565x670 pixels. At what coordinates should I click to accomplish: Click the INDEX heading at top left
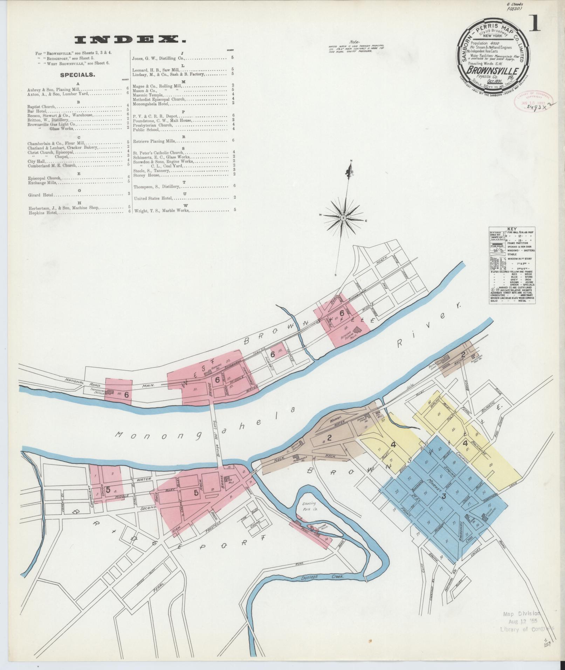130,40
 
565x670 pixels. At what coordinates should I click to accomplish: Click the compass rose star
343,218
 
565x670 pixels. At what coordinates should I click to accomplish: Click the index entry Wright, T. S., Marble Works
161,210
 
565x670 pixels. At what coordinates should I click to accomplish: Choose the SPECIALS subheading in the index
77,75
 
